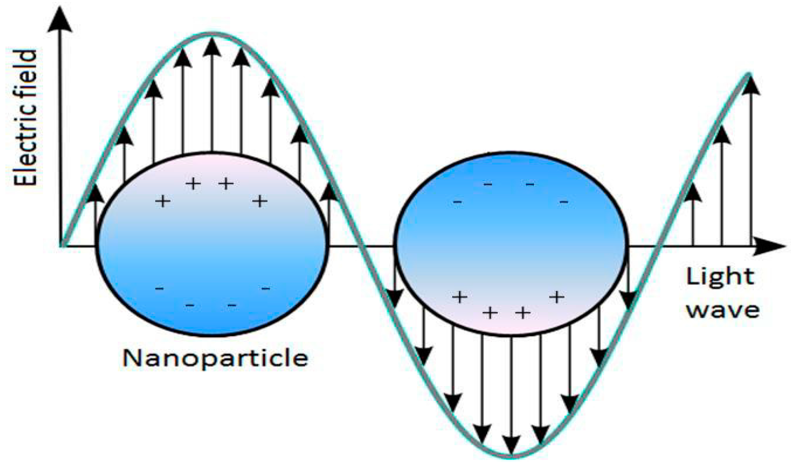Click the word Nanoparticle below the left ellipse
tap(215, 358)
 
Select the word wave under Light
tap(723, 311)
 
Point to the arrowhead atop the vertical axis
tap(60, 20)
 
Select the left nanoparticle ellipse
tap(212, 244)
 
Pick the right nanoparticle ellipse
tap(511, 244)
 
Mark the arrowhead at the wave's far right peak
tap(751, 86)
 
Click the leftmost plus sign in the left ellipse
tap(163, 202)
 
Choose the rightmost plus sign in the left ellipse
tap(260, 201)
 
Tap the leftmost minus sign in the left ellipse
tap(159, 289)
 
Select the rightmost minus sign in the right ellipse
tap(564, 202)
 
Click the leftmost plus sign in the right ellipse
tap(460, 297)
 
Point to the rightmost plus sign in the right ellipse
tap(557, 297)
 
